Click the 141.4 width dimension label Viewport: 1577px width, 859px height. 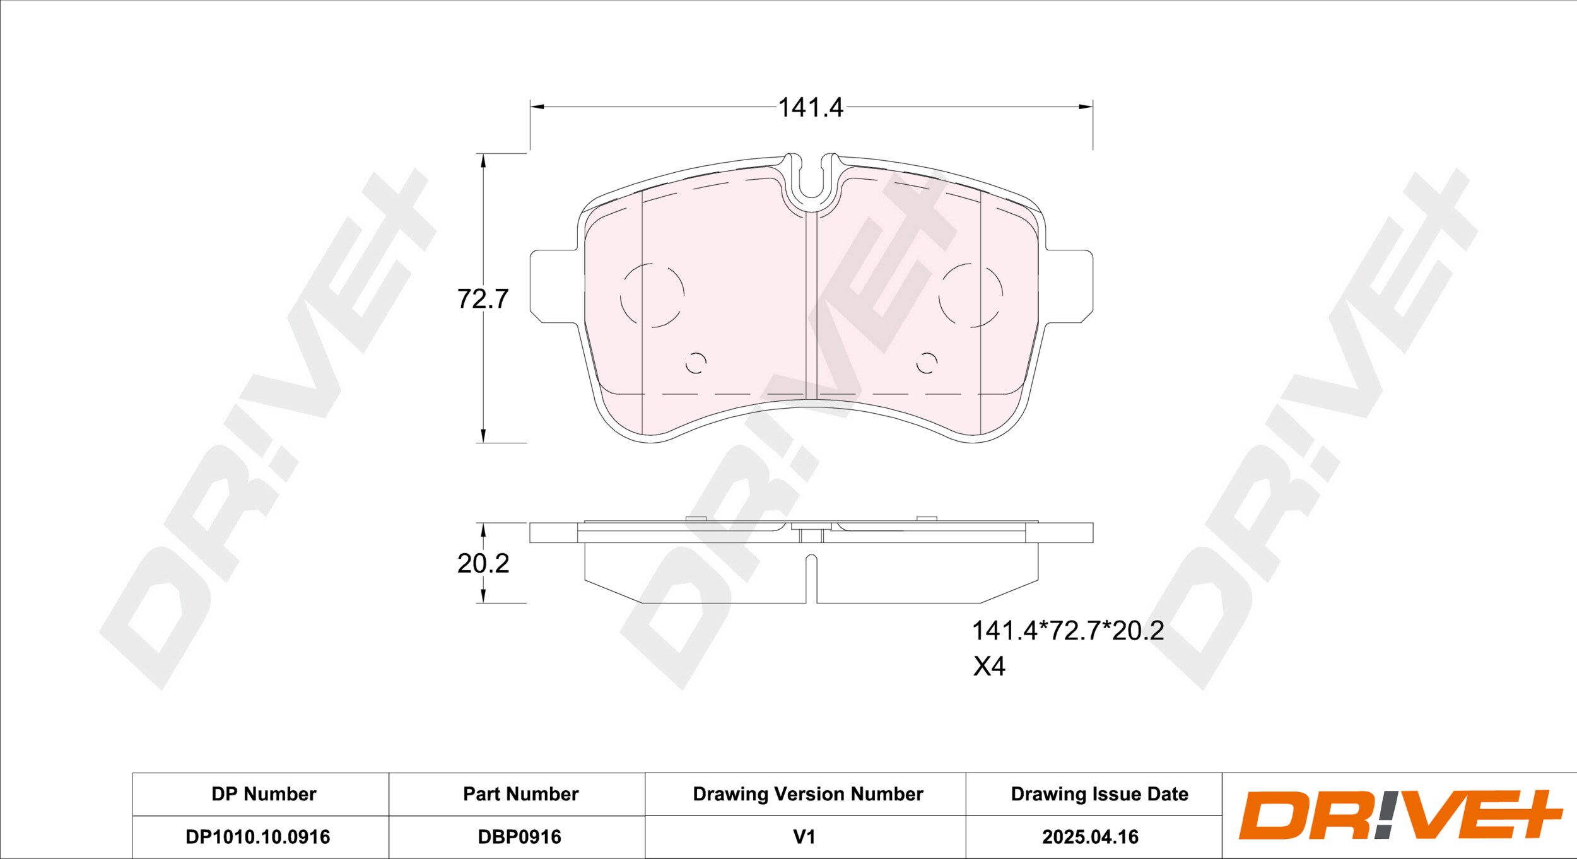[x=810, y=108]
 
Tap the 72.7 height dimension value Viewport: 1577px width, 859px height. [x=483, y=299]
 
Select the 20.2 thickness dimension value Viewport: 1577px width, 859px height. [x=483, y=563]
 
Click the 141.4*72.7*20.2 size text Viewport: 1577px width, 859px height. [x=1067, y=631]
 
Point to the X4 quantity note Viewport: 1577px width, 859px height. [x=988, y=666]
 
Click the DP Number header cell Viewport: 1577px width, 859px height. [x=264, y=794]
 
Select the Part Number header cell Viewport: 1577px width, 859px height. [x=520, y=794]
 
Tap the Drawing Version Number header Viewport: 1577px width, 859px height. [x=808, y=794]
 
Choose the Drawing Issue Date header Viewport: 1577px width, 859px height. [x=1099, y=794]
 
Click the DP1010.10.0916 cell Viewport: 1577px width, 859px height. [x=257, y=837]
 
